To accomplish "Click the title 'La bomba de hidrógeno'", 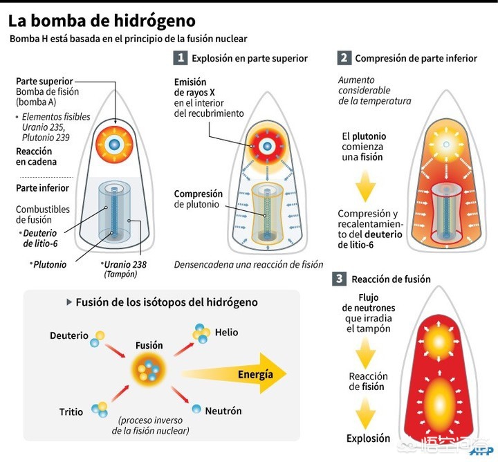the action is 102,21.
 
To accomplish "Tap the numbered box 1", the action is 181,58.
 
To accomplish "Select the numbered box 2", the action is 344,58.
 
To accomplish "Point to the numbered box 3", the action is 339,279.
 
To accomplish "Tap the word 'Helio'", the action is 226,332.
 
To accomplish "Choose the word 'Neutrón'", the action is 223,411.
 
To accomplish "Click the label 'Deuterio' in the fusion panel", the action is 69,335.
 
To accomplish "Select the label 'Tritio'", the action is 71,412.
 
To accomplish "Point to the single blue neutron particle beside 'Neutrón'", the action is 196,409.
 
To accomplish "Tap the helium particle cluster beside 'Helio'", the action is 201,333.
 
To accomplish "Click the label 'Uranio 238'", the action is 125,264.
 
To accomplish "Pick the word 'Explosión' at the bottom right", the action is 368,438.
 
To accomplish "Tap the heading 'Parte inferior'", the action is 42,188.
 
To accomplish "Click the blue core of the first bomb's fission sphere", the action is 114,145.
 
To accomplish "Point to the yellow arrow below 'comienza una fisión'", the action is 366,186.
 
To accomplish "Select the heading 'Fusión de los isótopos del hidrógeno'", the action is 167,302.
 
